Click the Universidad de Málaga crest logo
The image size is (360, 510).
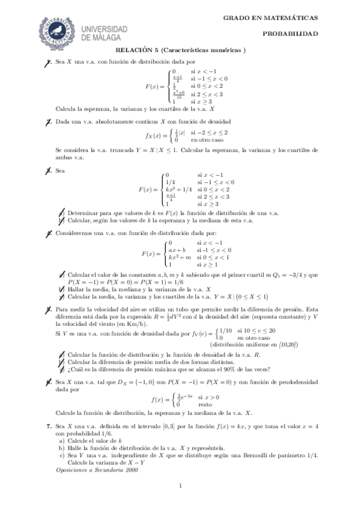tap(57, 30)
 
